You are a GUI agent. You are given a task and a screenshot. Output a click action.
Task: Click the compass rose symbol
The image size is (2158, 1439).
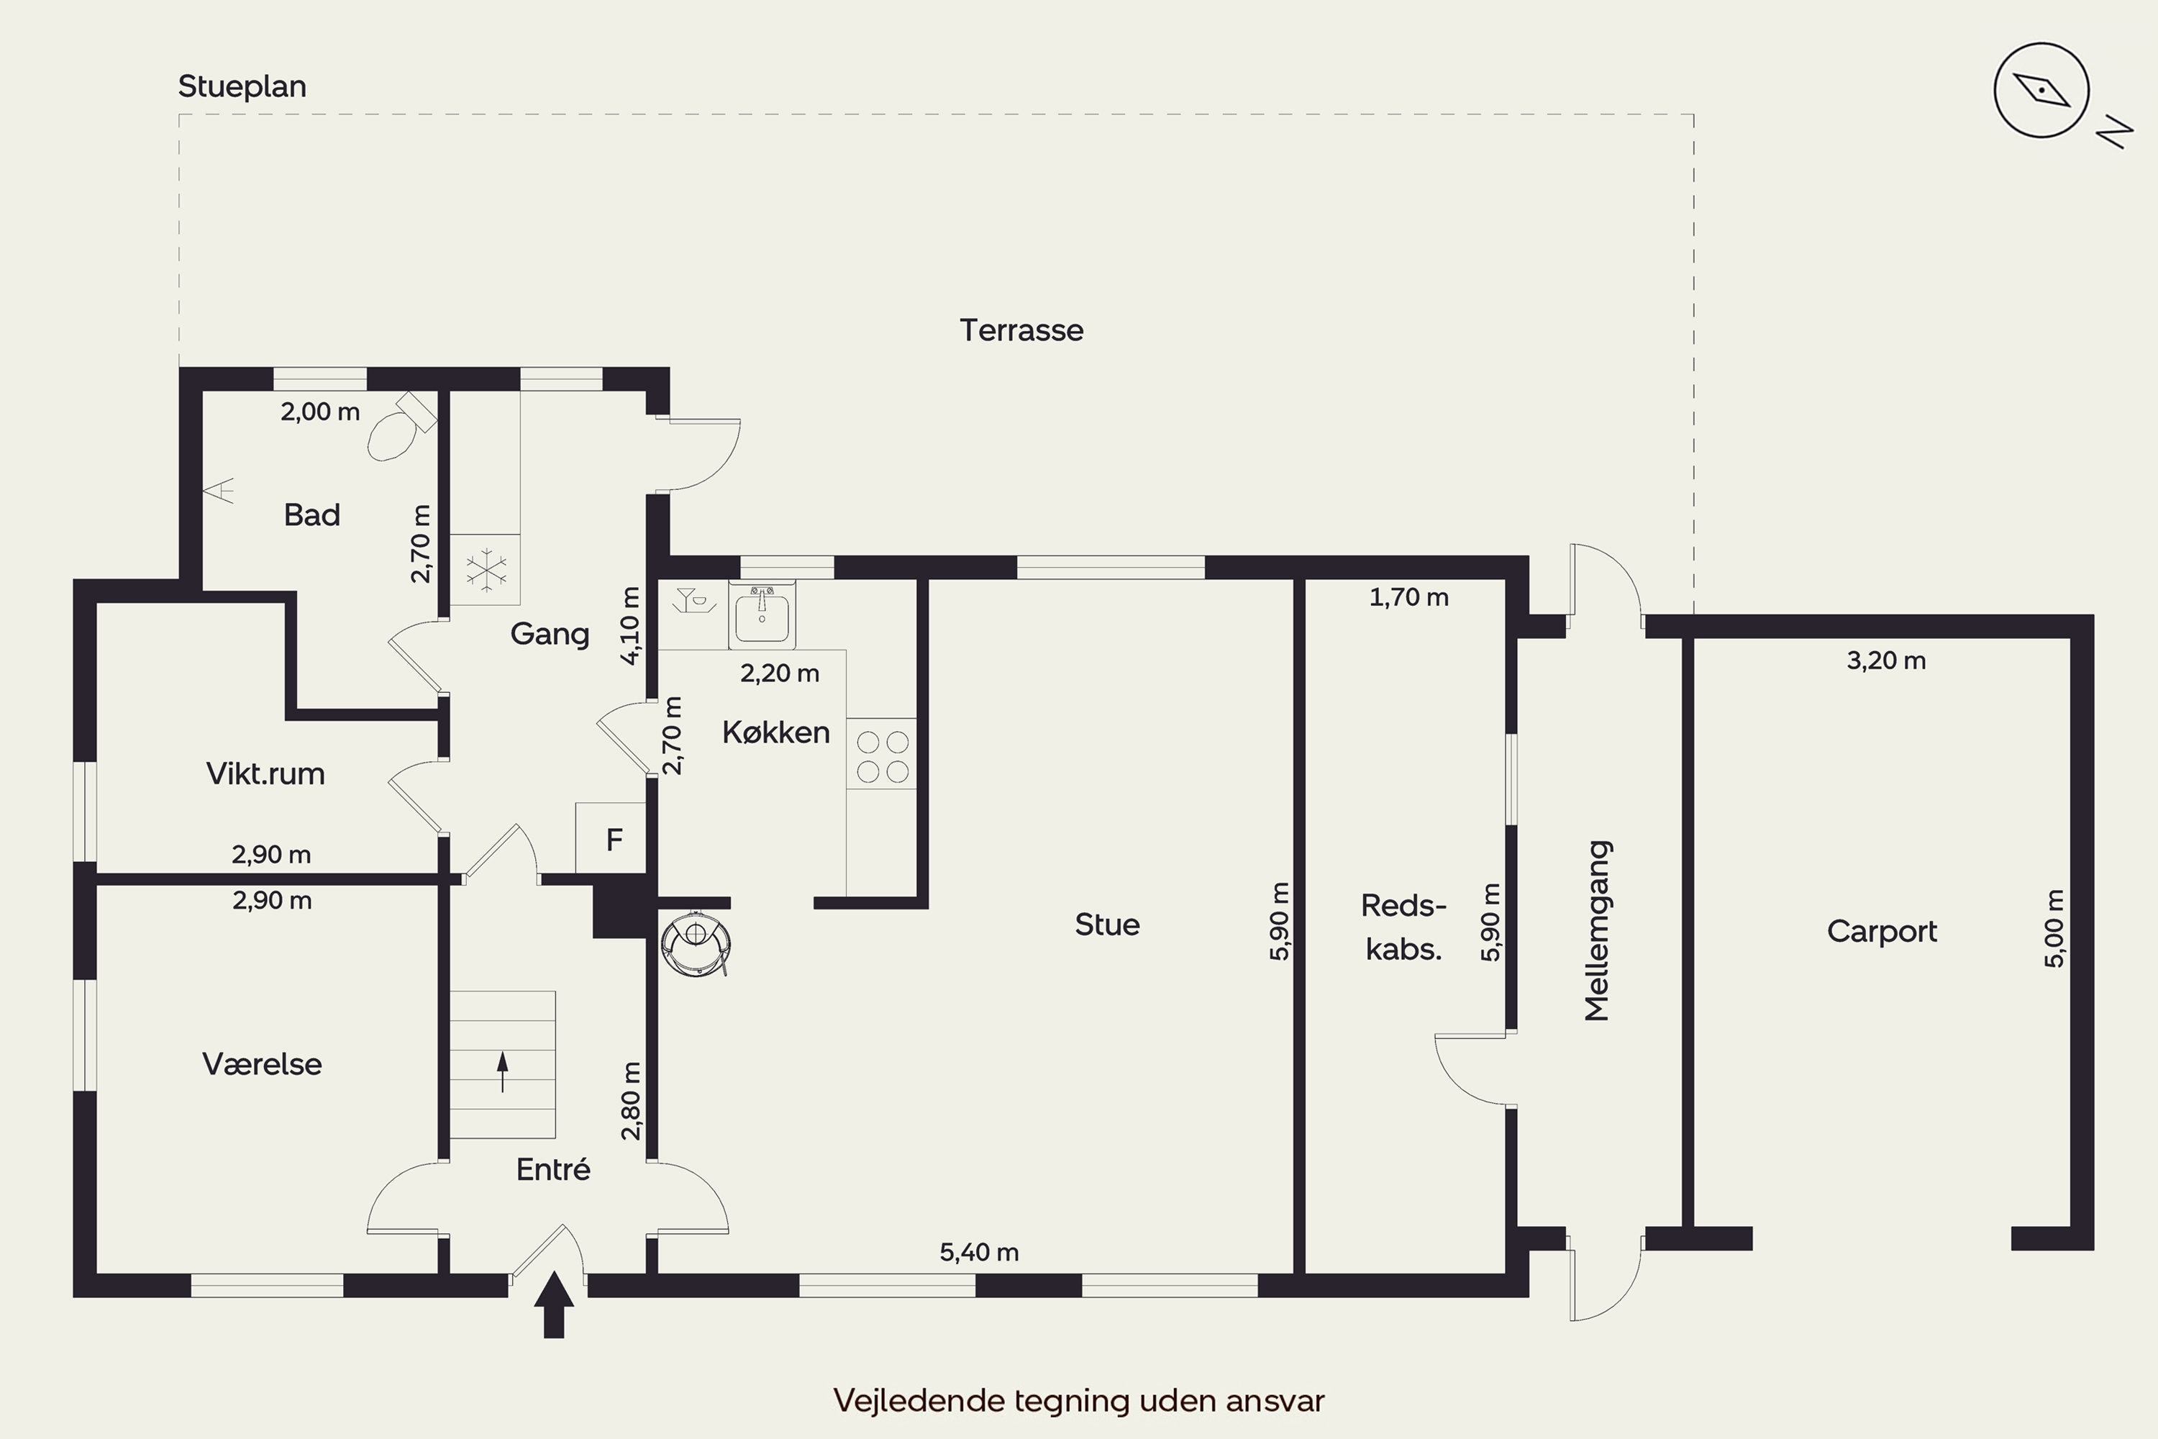pos(2041,91)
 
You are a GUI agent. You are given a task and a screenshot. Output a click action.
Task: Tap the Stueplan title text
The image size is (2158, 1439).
pos(242,86)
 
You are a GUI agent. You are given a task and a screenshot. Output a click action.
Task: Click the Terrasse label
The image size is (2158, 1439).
pos(1021,330)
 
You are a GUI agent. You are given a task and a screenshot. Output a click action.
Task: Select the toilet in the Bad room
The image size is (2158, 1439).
pos(400,427)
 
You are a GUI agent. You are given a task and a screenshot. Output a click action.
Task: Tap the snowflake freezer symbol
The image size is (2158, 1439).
pos(486,570)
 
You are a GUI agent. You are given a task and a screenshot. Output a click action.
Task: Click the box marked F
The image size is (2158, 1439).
pos(611,838)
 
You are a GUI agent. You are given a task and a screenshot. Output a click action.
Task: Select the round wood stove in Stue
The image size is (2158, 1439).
pos(696,943)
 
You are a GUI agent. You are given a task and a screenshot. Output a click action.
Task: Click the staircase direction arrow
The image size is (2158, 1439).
pos(502,1072)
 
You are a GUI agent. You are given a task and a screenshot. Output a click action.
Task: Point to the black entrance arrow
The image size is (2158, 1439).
pos(553,1304)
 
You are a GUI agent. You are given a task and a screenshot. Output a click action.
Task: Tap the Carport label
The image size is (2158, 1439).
pos(1882,932)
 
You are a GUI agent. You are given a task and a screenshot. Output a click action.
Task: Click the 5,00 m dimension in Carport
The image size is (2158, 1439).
pos(2055,928)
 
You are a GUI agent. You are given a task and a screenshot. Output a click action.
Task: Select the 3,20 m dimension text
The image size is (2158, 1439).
pos(1886,661)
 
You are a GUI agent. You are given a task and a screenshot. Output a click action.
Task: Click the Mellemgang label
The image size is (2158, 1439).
pos(1598,930)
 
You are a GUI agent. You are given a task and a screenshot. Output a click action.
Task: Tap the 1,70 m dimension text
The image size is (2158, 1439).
pos(1409,597)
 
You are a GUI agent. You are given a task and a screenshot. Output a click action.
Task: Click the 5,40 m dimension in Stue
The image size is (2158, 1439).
pos(979,1252)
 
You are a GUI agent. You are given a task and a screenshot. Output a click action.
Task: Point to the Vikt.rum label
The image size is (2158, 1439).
pos(265,773)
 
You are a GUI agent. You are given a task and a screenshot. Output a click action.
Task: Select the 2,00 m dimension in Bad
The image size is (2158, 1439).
pos(320,411)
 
